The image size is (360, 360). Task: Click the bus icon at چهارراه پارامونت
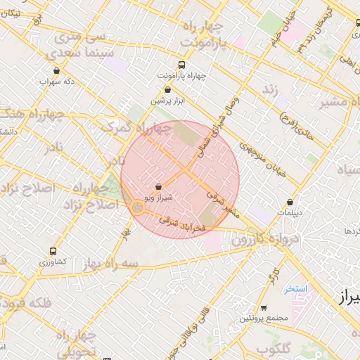point(183,63)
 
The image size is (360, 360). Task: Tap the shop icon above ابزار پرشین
point(167,89)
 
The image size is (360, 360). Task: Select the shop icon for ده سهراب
point(56,70)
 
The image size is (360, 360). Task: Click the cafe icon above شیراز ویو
point(157,188)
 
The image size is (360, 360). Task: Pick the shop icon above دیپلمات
point(290,202)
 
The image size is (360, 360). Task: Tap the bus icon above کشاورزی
point(53,251)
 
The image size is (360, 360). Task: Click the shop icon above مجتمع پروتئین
point(264,307)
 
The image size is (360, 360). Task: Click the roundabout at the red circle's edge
point(137,207)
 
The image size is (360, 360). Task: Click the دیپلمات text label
point(289,212)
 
